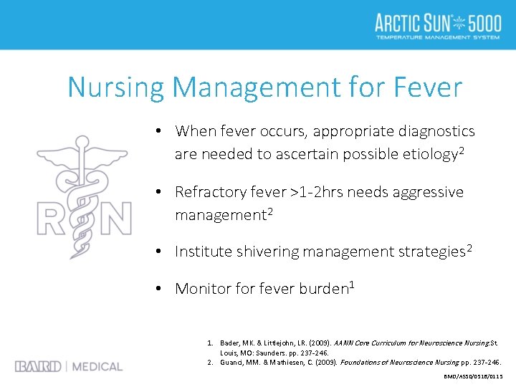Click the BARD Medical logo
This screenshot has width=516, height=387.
click(69, 366)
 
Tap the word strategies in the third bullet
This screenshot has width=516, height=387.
click(429, 252)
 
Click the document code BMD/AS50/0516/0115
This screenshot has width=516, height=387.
click(474, 376)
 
